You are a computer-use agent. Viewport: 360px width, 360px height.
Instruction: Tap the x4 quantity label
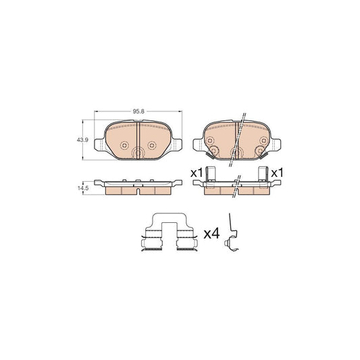[x=211, y=234]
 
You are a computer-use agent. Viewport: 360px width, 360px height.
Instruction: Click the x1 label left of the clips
[x=197, y=174]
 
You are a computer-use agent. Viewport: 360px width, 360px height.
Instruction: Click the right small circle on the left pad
[x=151, y=145]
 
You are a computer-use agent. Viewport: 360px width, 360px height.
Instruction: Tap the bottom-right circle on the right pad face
[x=259, y=152]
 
